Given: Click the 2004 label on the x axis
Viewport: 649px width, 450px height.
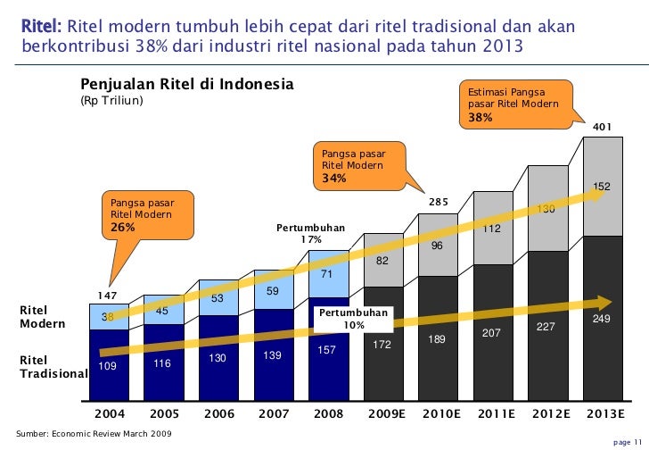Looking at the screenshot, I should pyautogui.click(x=111, y=413).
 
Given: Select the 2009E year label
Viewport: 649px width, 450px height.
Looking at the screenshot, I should pyautogui.click(x=383, y=413).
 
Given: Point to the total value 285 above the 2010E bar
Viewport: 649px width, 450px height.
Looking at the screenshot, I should pyautogui.click(x=438, y=203).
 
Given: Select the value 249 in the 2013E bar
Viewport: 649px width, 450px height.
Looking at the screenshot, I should pyautogui.click(x=602, y=319).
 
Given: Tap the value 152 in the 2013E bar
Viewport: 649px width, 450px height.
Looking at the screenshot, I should pyautogui.click(x=602, y=187).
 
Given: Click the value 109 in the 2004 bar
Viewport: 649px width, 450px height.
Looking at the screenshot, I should pyautogui.click(x=107, y=365).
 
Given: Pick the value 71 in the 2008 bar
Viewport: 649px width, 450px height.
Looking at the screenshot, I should pyautogui.click(x=327, y=274).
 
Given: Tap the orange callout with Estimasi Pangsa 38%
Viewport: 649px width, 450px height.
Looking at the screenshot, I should pyautogui.click(x=508, y=104).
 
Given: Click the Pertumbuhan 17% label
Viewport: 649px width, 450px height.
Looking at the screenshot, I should pyautogui.click(x=310, y=234).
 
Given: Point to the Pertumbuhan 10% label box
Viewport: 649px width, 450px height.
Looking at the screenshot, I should pyautogui.click(x=354, y=320).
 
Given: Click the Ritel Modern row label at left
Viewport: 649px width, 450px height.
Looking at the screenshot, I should pyautogui.click(x=43, y=317).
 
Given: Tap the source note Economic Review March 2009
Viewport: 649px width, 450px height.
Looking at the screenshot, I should pyautogui.click(x=89, y=433).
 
